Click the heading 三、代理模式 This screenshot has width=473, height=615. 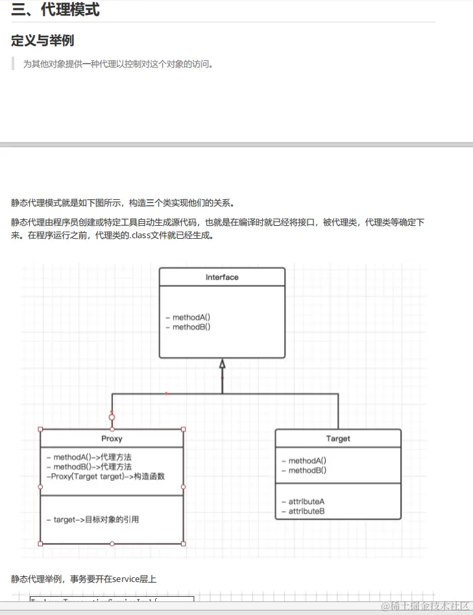tap(56, 10)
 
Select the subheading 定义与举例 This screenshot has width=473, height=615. tap(43, 41)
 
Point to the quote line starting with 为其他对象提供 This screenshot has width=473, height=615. tap(118, 64)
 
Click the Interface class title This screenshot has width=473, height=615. tap(222, 277)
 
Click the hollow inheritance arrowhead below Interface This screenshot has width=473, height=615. tap(222, 364)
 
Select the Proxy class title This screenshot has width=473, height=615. tap(112, 439)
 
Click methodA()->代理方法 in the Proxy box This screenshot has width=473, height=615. tap(93, 457)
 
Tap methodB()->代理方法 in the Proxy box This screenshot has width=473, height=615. tap(93, 466)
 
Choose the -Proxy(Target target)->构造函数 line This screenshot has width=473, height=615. tap(106, 476)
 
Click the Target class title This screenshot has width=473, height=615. tap(338, 439)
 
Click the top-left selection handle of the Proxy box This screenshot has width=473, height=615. tap(40, 429)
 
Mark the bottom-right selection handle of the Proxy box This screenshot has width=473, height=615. tap(183, 544)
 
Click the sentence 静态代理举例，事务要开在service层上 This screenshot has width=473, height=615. tap(84, 579)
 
